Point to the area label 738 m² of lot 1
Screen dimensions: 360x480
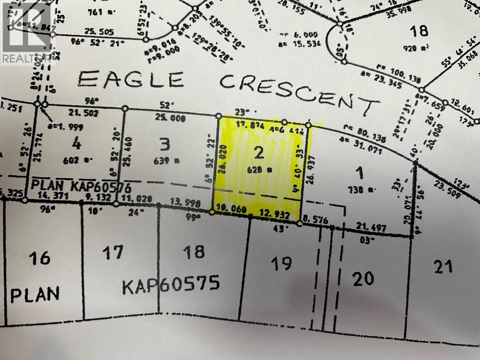coord(359,189)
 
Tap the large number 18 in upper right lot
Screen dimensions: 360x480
coord(419,31)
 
